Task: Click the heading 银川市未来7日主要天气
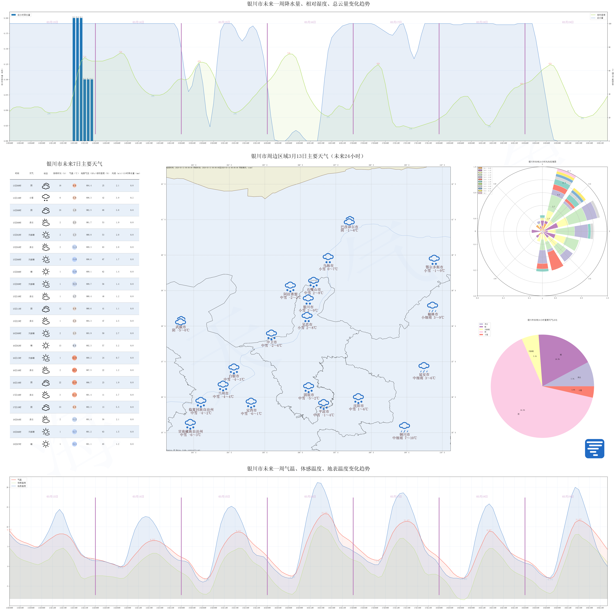(74, 164)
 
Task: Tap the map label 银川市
(308, 307)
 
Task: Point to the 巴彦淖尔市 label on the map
(349, 227)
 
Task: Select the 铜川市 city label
(405, 434)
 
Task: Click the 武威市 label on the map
(181, 327)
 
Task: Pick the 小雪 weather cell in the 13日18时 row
(31, 198)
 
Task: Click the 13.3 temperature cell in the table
(74, 370)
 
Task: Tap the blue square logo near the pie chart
(594, 449)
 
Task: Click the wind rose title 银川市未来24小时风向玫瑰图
(542, 162)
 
